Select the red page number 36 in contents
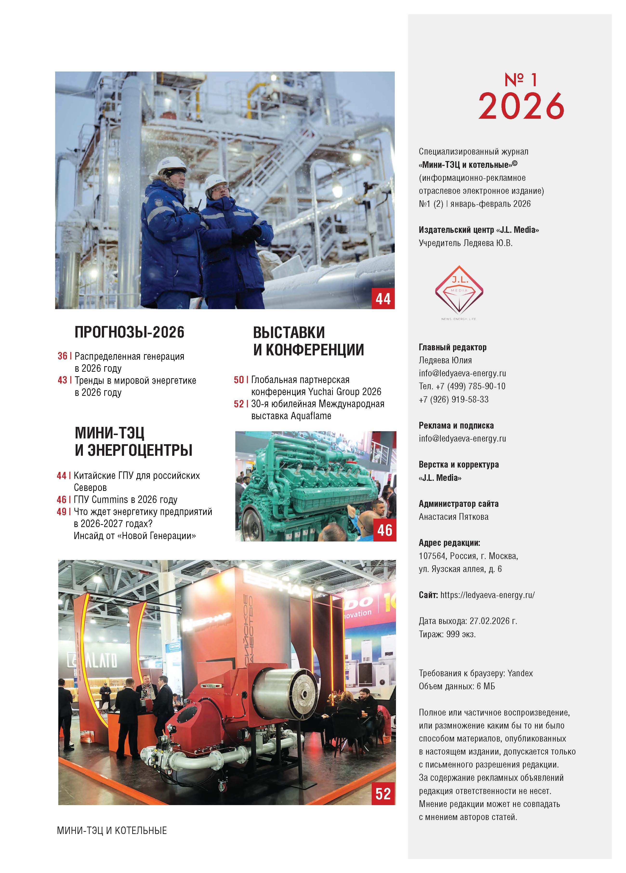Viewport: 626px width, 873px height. coord(62,356)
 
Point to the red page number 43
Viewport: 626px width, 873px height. coord(62,380)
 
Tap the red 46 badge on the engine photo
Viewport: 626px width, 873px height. coord(385,530)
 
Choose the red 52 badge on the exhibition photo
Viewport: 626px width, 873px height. coord(383,794)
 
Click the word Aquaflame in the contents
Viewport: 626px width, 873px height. coord(311,416)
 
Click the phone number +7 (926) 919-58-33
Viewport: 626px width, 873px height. coord(454,400)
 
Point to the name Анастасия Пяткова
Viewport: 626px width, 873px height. coord(454,517)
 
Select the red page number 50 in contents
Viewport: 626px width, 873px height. coord(239,380)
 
